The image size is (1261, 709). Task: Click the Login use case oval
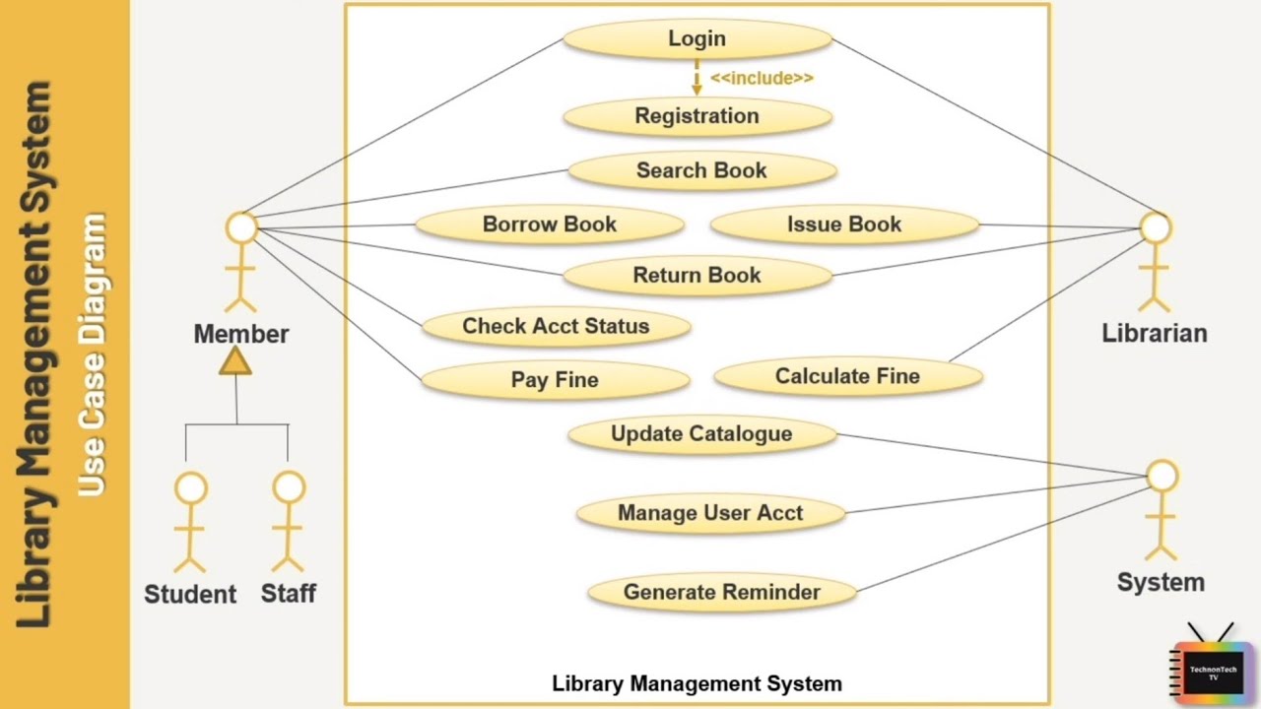click(697, 39)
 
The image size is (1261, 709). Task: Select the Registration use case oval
click(697, 116)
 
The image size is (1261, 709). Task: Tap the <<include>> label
click(762, 78)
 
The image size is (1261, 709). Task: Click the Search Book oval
click(701, 170)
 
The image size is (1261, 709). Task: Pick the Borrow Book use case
click(550, 225)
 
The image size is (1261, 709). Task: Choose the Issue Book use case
click(844, 225)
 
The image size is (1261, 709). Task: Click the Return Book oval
click(697, 276)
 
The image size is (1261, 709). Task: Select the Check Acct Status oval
click(556, 327)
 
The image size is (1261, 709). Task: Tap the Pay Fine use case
click(555, 380)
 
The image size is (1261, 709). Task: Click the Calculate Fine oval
click(847, 376)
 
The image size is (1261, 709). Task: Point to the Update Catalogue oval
click(701, 434)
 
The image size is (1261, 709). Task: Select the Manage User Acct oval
click(710, 513)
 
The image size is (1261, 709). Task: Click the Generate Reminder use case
click(722, 593)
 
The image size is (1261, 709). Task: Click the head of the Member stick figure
click(241, 228)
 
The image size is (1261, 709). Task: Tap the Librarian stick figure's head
click(1156, 228)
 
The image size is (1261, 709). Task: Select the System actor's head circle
click(1162, 476)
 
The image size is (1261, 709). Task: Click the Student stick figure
click(190, 522)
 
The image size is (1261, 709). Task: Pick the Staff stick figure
click(289, 522)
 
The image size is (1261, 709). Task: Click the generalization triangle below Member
click(235, 362)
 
